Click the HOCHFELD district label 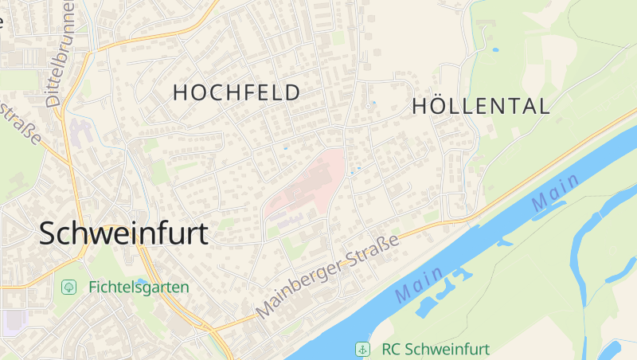236,92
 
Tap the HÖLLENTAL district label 481,106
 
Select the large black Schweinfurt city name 123,233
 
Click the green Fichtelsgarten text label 139,287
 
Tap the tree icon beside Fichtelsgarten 69,287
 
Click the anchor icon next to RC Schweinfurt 362,349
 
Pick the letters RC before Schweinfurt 390,349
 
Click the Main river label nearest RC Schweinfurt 419,287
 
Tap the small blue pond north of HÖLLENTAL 495,50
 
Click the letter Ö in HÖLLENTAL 440,106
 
